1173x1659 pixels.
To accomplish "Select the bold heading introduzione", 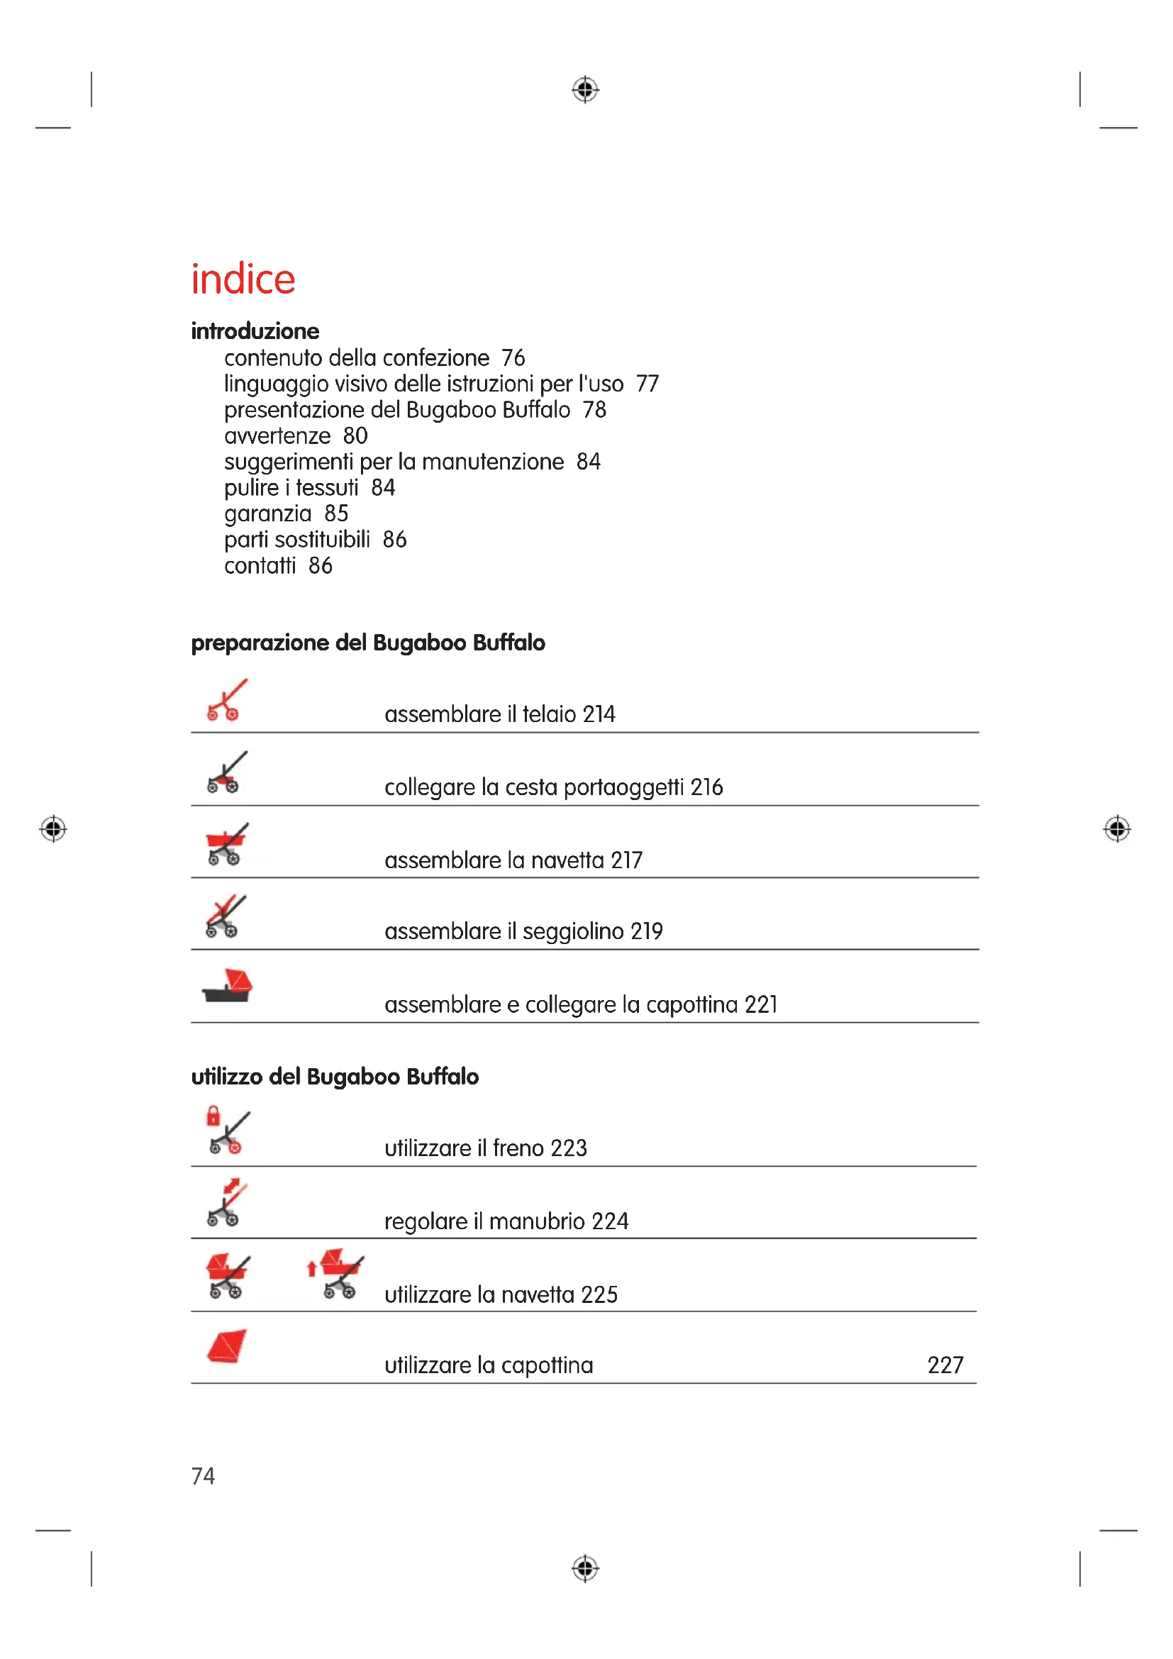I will point(255,331).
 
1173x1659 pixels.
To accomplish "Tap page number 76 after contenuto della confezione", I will point(513,357).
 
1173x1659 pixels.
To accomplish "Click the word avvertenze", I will point(277,435).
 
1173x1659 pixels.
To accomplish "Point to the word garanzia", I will point(267,514).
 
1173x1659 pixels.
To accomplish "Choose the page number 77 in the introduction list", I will point(647,384).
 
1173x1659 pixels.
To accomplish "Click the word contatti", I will point(260,566).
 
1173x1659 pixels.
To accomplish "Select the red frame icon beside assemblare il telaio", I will point(226,699).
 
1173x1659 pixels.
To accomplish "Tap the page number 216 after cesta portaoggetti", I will point(706,787).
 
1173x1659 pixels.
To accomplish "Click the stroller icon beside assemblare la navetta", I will point(226,844).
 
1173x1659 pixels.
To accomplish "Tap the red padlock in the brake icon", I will point(213,1116).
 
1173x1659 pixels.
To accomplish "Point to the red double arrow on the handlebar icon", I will point(232,1186).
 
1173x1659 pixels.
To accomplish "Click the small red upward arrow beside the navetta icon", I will point(311,1269).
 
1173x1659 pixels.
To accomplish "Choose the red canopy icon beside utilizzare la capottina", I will point(226,1346).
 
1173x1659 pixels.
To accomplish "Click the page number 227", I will point(945,1365).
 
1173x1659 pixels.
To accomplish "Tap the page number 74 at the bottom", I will point(203,1475).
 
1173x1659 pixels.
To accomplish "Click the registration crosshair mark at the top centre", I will point(585,89).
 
